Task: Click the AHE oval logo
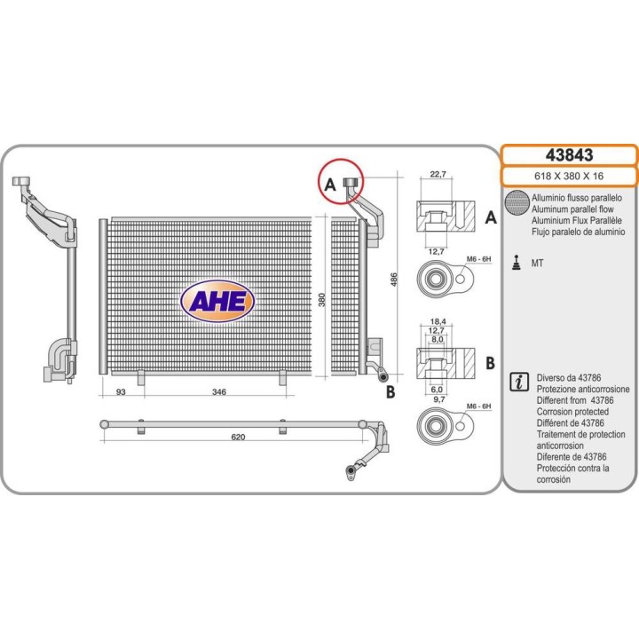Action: pos(217,301)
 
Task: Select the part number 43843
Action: pos(569,155)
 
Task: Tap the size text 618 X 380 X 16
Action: pos(569,177)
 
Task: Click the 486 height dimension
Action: pos(394,280)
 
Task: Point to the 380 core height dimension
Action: pos(322,300)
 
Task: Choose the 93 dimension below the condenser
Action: pos(121,392)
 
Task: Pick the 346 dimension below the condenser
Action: pos(219,392)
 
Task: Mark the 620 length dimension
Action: pos(238,438)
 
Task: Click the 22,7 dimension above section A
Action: pos(438,175)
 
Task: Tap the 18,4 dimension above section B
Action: pos(438,321)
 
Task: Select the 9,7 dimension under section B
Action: pos(438,399)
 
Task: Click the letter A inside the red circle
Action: pos(329,185)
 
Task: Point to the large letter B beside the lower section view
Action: pos(490,363)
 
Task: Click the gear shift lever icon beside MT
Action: pos(517,263)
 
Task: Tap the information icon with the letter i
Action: pos(519,383)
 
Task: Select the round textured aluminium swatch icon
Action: pos(517,202)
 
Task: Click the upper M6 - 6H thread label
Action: pos(479,259)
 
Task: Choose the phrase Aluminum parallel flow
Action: pos(572,209)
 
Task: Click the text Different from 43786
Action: pos(575,400)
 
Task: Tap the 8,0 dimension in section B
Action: pos(438,339)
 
